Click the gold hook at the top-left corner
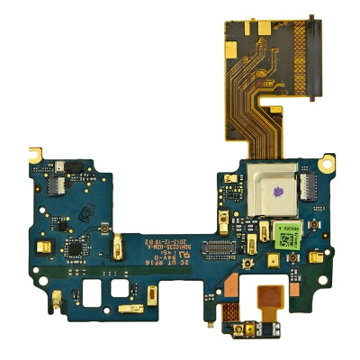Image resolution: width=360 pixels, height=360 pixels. click(37, 148)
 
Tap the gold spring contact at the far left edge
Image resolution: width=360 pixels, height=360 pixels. click(40, 245)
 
